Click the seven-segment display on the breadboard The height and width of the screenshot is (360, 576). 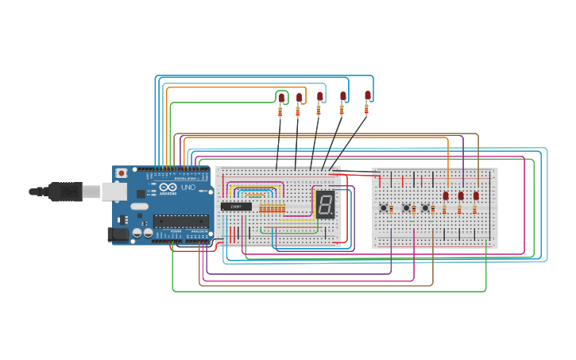324,205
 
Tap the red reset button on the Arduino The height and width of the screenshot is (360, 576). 121,173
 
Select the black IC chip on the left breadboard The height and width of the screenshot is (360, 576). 236,207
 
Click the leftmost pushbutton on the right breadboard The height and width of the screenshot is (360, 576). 384,208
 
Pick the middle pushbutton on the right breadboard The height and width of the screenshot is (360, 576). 406,208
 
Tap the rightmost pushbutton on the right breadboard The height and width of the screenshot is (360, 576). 425,208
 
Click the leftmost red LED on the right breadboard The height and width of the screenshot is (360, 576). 446,195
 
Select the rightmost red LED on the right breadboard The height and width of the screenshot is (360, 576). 476,195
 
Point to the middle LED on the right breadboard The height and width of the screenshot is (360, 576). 461,195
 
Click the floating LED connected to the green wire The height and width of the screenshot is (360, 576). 281,98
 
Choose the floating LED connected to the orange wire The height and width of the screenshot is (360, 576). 300,98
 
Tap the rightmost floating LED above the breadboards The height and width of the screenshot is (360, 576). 368,95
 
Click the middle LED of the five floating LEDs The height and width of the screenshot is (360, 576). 320,97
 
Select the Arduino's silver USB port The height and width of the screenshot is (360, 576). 114,191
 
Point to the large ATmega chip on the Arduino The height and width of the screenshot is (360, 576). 181,221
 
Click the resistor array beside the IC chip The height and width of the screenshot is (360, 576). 273,208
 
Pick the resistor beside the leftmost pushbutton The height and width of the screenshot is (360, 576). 391,210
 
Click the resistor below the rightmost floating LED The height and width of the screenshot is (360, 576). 366,110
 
